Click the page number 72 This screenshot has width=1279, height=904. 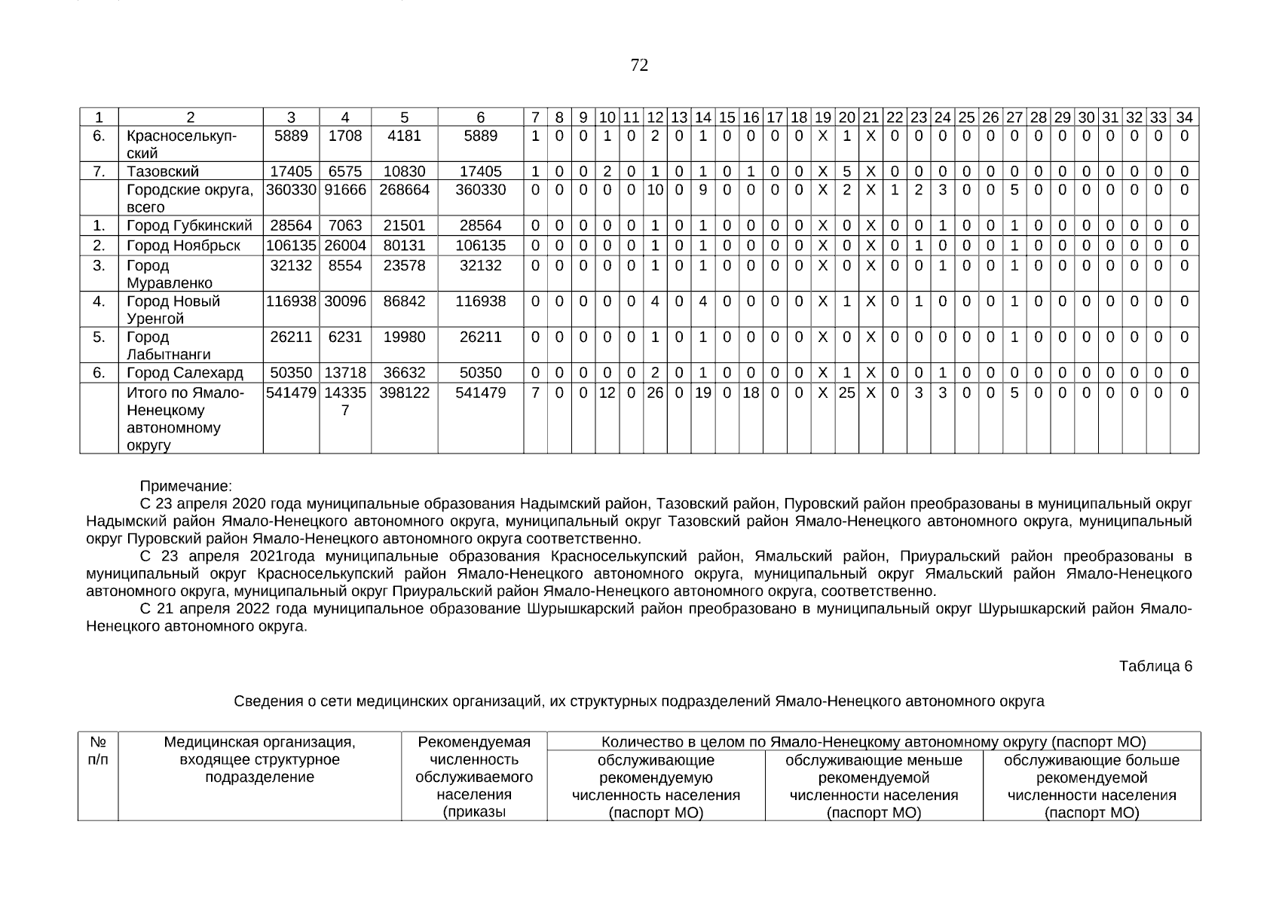[x=639, y=66]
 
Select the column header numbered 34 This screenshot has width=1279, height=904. [x=1184, y=118]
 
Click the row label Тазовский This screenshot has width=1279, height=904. [x=163, y=172]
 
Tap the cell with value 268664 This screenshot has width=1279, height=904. [x=404, y=190]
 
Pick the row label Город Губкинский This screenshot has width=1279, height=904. [x=189, y=226]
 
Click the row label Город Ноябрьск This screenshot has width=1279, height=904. [x=183, y=246]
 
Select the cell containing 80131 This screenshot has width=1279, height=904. [x=404, y=246]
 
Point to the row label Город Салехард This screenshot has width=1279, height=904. [x=185, y=373]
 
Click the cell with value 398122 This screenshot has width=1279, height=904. [x=404, y=392]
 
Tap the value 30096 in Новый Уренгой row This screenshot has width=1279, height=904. [x=345, y=301]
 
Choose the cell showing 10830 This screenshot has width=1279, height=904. [x=404, y=172]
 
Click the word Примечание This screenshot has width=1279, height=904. [x=186, y=487]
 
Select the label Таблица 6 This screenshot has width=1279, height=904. [x=1155, y=666]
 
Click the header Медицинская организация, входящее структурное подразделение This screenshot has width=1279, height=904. [x=259, y=759]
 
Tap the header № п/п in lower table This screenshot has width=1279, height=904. [x=98, y=751]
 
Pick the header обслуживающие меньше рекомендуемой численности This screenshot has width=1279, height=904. [x=874, y=777]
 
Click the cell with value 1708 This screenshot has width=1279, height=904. [x=345, y=136]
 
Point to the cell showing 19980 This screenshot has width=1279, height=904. [x=404, y=337]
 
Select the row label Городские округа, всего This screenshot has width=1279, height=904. [x=190, y=198]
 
